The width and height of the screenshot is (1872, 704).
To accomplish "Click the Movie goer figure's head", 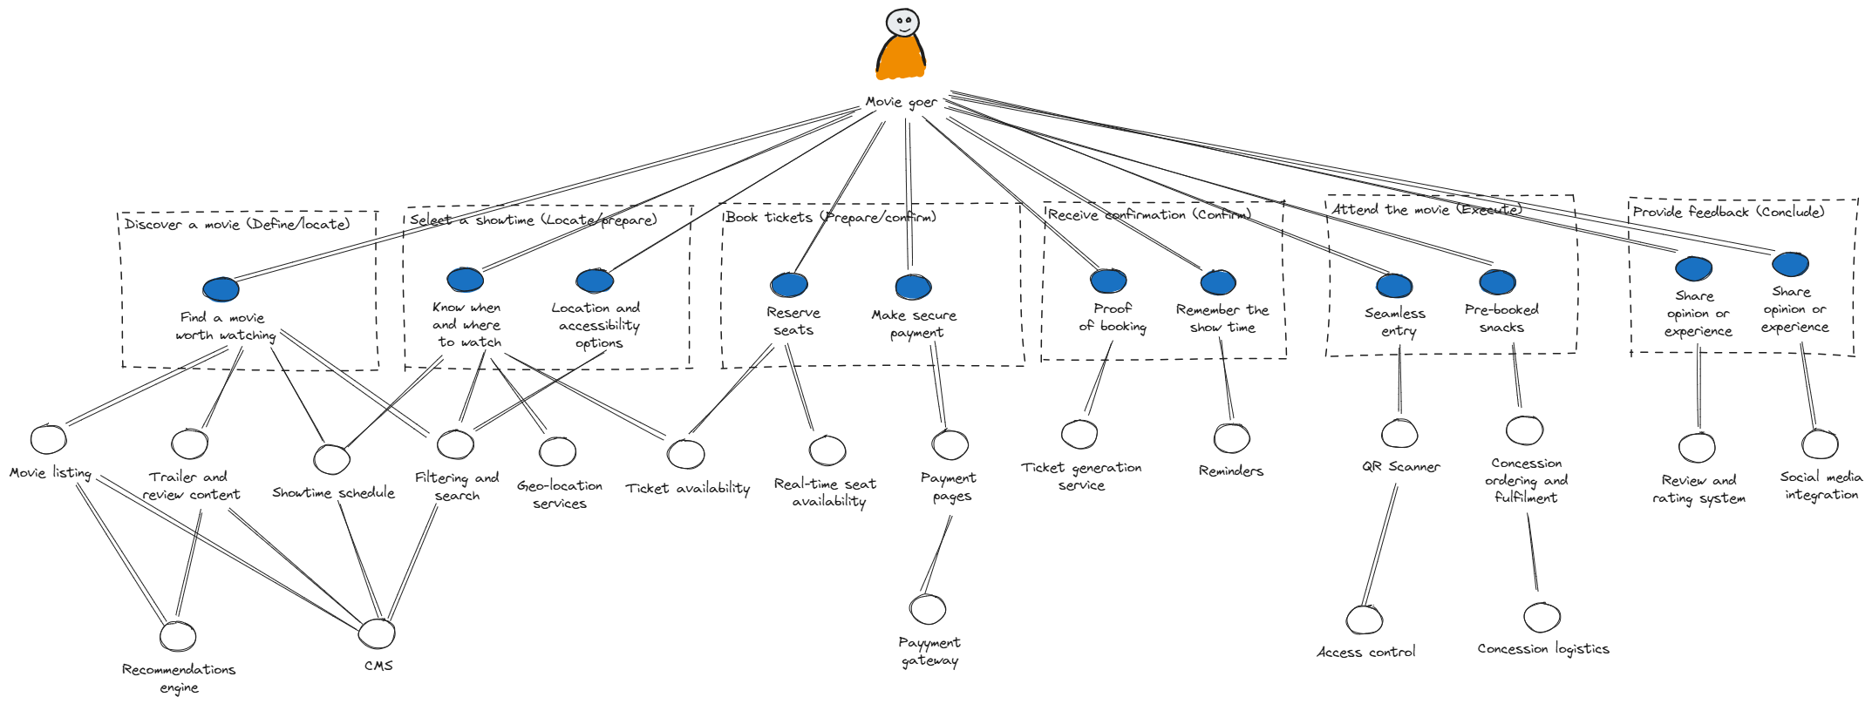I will click(x=902, y=22).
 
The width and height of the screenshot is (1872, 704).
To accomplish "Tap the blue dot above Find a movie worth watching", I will click(x=221, y=289).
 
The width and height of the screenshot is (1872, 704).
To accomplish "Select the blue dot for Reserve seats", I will click(x=789, y=284).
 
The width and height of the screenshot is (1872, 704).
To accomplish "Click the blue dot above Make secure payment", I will click(x=913, y=287).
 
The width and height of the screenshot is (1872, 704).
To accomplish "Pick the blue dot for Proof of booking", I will click(x=1108, y=281).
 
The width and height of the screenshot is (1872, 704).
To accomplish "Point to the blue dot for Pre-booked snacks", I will click(x=1497, y=282).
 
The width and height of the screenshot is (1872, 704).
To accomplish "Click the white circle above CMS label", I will click(x=377, y=633).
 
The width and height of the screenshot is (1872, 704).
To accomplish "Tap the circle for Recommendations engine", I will click(x=178, y=636).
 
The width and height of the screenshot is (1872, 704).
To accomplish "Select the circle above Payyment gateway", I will click(x=927, y=609).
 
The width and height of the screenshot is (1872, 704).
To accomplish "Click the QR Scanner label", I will click(x=1400, y=467).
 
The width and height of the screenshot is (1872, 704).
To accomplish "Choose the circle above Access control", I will click(x=1364, y=619).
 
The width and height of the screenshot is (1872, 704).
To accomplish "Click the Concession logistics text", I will click(x=1542, y=649).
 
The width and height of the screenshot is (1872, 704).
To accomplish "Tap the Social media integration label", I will click(x=1821, y=485).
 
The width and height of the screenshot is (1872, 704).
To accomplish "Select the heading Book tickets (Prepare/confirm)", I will click(x=830, y=217).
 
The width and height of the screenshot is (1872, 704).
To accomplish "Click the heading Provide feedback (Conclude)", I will click(x=1728, y=212).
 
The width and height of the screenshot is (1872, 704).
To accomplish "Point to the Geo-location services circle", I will click(x=557, y=451).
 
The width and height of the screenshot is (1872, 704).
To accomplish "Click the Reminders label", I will click(x=1230, y=471).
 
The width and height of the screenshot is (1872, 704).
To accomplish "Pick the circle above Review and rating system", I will click(x=1697, y=448).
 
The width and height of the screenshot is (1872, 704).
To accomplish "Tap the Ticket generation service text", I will click(x=1081, y=477).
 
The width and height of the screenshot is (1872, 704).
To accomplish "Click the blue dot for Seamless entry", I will click(x=1394, y=286).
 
